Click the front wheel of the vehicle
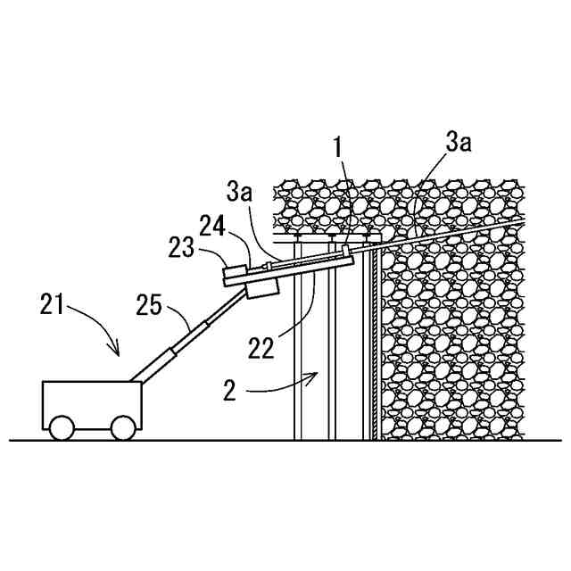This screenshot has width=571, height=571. point(122,427)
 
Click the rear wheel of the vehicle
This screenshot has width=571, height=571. point(62,427)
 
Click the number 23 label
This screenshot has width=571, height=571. point(184,249)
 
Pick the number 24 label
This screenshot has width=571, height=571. point(211,228)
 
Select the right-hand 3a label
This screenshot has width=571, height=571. point(459,141)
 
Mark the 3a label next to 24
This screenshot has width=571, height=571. point(240,191)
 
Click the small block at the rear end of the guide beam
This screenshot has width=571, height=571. point(235,276)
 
